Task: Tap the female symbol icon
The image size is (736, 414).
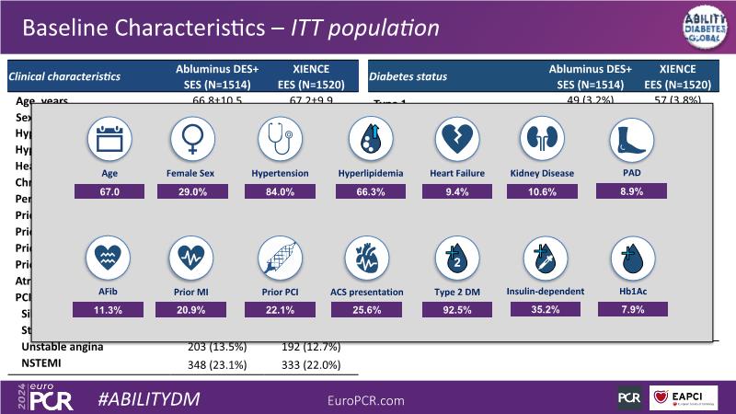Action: point(192,141)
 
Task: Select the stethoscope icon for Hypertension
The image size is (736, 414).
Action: point(280,141)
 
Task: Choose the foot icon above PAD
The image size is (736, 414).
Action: point(628,141)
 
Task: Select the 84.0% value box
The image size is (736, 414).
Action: point(280,191)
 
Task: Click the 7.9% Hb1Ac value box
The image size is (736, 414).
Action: point(628,310)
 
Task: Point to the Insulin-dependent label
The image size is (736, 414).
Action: point(545,292)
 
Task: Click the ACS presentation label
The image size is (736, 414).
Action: point(367,292)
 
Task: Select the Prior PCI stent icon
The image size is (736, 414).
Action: point(280,259)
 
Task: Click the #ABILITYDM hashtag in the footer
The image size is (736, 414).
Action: point(148,399)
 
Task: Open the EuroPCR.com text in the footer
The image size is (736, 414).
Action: point(366,400)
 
